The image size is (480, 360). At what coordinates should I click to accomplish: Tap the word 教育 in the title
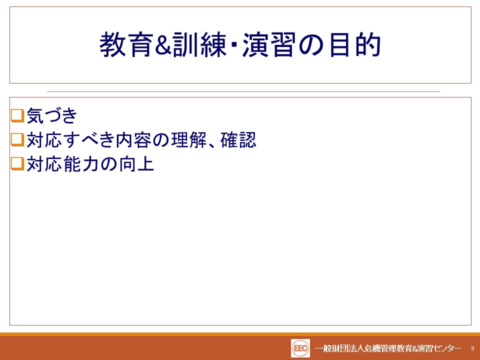pyautogui.click(x=126, y=45)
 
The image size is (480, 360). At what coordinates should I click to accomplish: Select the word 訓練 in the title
pyautogui.click(x=199, y=45)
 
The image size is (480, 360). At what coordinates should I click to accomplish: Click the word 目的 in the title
pyautogui.click(x=355, y=45)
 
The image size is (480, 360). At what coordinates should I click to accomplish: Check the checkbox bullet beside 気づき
pyautogui.click(x=17, y=115)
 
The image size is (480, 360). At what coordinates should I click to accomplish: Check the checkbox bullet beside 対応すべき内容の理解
pyautogui.click(x=17, y=140)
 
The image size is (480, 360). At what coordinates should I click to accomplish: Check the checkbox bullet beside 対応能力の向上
pyautogui.click(x=17, y=164)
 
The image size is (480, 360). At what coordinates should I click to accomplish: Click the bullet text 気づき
pyautogui.click(x=51, y=115)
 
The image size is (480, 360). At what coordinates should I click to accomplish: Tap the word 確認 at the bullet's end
pyautogui.click(x=238, y=140)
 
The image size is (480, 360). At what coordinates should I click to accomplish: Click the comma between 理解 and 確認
pyautogui.click(x=213, y=144)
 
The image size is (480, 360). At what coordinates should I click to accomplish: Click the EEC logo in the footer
pyautogui.click(x=300, y=348)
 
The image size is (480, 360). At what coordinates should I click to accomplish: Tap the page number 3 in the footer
pyautogui.click(x=472, y=348)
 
